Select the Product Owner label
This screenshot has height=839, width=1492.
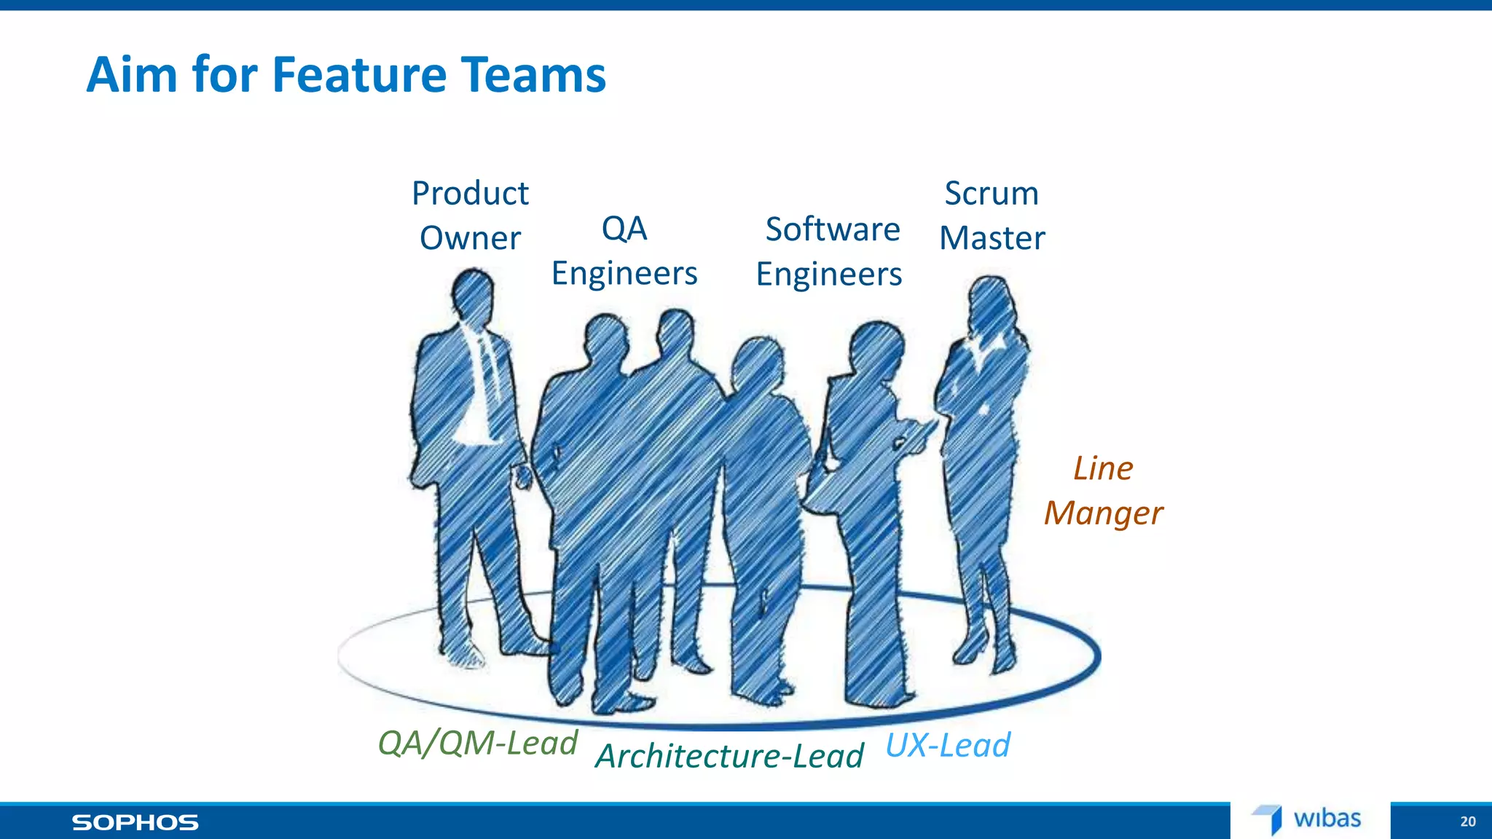coord(470,216)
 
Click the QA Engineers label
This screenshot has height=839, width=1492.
coord(624,251)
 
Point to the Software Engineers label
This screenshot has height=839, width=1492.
coord(830,252)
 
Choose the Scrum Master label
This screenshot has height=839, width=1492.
coord(992,216)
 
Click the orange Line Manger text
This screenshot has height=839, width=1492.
coord(1103,490)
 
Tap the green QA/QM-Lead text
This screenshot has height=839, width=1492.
coord(477,743)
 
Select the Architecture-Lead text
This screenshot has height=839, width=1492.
coord(729,755)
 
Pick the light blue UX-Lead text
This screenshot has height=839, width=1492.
coord(948,746)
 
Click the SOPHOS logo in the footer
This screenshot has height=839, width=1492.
coord(135,823)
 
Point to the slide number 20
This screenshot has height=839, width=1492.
coord(1467,822)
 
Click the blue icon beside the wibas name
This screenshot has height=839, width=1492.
coord(1269,819)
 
